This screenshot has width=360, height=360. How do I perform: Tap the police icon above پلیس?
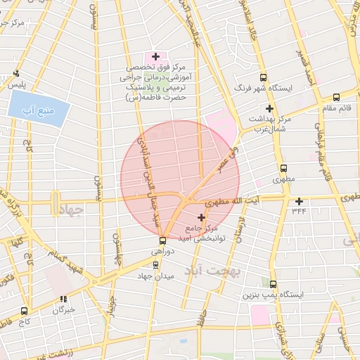point(15,73)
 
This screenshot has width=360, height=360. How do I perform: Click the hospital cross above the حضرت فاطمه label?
point(155,56)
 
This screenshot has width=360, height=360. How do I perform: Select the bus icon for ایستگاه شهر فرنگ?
point(264,78)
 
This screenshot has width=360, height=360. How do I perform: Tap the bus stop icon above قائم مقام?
point(336,97)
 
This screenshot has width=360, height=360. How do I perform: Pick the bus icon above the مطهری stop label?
point(284,169)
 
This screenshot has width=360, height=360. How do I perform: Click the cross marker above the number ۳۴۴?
point(299,201)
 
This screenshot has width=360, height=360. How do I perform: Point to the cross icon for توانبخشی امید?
point(202,217)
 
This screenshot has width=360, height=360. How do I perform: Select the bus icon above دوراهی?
point(161,240)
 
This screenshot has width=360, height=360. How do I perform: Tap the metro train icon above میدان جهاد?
point(157,266)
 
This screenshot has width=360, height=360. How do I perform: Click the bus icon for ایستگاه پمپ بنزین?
point(273,285)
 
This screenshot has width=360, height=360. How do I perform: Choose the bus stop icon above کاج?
point(25,310)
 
